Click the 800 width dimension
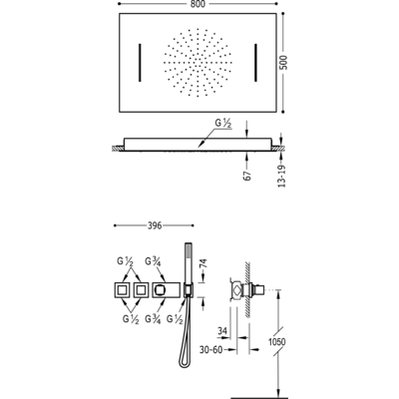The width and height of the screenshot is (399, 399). (x=199, y=4)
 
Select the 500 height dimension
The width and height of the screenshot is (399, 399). (x=283, y=62)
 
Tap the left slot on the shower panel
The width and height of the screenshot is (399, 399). (x=140, y=63)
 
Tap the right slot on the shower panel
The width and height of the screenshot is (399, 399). (x=255, y=63)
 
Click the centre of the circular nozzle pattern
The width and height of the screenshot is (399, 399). (x=198, y=63)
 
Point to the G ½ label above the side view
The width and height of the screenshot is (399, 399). (x=223, y=124)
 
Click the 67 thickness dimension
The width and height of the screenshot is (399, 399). (x=247, y=176)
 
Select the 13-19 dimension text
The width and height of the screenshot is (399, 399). (x=281, y=176)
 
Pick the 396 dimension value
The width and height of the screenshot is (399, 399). (x=155, y=225)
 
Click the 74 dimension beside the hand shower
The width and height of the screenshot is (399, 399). (x=203, y=263)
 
